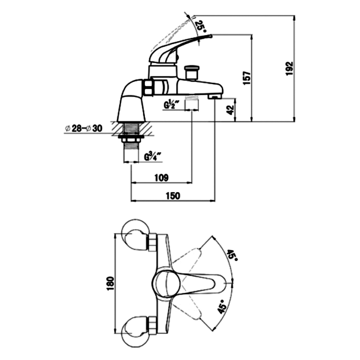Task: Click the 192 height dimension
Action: tap(290, 68)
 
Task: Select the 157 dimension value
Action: tap(247, 78)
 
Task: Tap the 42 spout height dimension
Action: tap(230, 109)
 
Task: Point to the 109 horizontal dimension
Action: tap(162, 177)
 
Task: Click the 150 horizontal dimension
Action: tap(173, 196)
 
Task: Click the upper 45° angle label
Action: tap(232, 255)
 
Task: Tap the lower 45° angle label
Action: tap(222, 306)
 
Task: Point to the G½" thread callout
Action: tap(170, 105)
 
